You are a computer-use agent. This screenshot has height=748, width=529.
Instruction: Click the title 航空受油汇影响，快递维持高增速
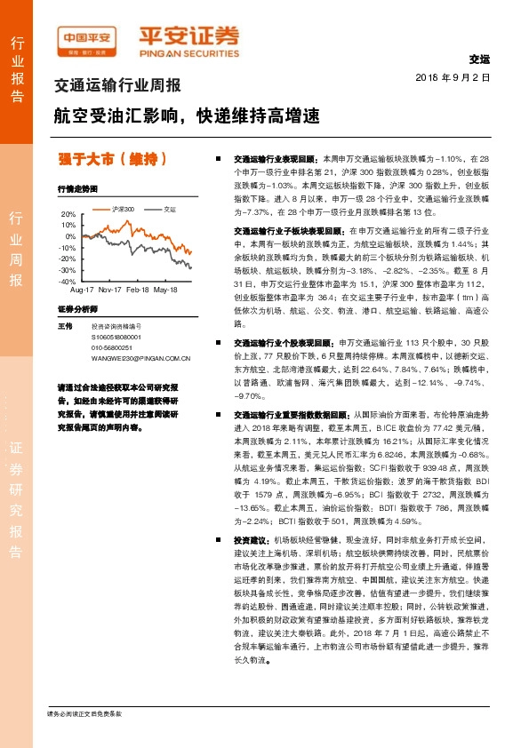(x=185, y=115)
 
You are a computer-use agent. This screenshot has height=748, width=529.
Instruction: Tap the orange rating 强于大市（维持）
(x=113, y=160)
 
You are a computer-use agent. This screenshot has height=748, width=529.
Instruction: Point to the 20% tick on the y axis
(x=68, y=214)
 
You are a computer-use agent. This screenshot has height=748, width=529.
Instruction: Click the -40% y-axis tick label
(x=67, y=281)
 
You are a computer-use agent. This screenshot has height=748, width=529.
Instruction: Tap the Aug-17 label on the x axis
(x=82, y=290)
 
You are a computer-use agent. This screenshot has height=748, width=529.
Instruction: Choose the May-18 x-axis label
(x=165, y=290)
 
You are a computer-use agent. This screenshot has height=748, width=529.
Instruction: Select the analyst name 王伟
(x=64, y=327)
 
